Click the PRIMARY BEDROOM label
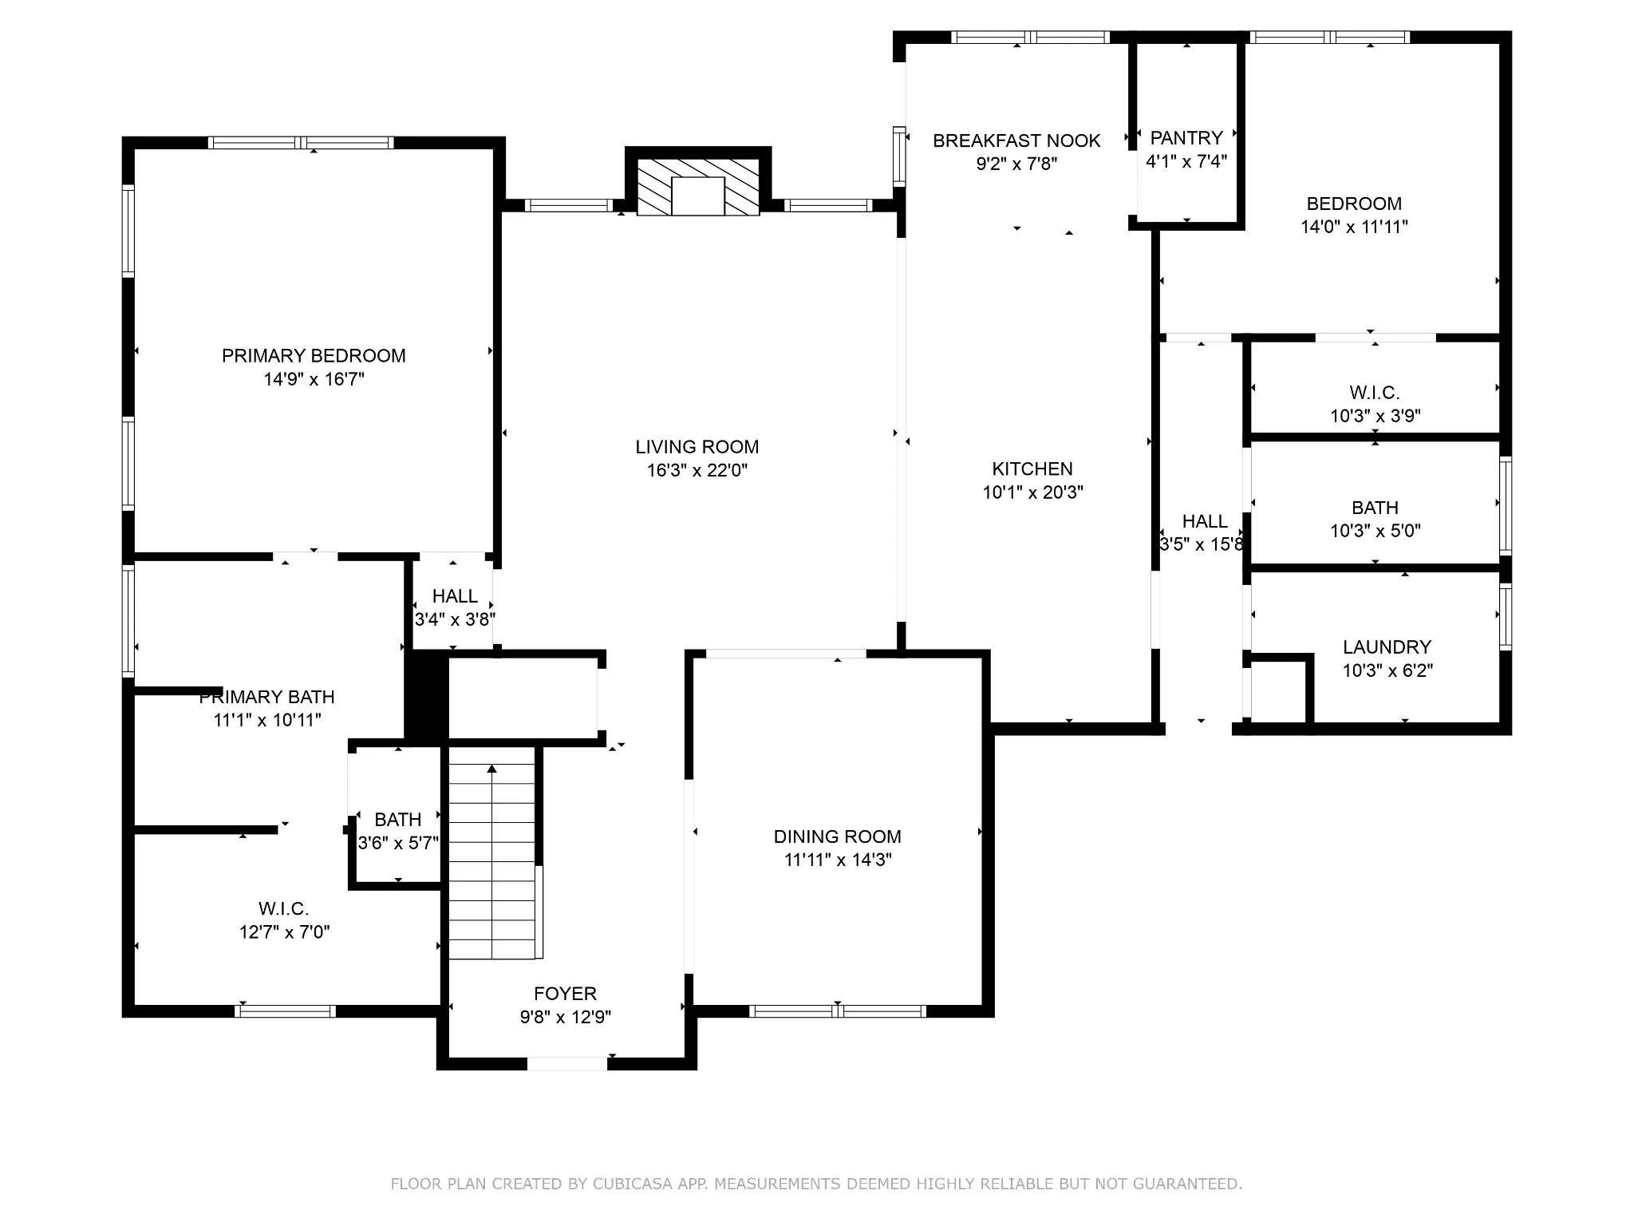pos(314,356)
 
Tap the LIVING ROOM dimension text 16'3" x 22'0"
pos(697,470)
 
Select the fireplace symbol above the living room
pos(698,187)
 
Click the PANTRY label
pos(1186,138)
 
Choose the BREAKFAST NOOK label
pos(1016,141)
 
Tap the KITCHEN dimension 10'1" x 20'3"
pos(1032,492)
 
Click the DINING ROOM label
pos(837,836)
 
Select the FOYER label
pos(565,994)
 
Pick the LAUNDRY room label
pos(1387,647)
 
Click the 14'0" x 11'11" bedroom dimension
pos(1354,227)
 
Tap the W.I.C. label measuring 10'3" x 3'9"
pos(1375,393)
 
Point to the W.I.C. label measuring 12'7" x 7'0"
pos(283,909)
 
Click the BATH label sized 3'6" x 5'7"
pos(397,820)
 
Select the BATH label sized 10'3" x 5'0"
pos(1375,508)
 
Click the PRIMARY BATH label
pos(266,697)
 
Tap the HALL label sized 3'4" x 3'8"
pos(455,596)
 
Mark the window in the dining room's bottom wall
pos(837,1011)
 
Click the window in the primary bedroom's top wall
pos(301,143)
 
